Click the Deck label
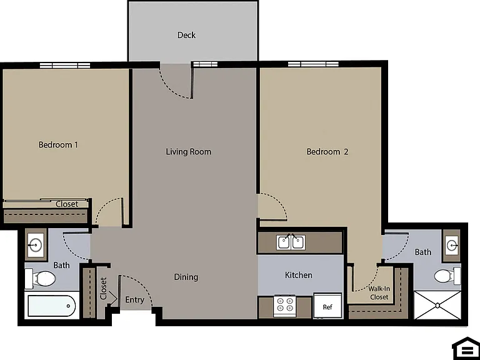click(186, 35)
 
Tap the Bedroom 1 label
click(58, 144)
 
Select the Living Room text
click(189, 152)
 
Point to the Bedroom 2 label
click(327, 152)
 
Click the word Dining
click(186, 277)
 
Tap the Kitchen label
click(299, 275)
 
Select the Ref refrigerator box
click(327, 306)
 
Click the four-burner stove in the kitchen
click(285, 306)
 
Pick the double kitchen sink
click(291, 242)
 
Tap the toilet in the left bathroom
click(41, 279)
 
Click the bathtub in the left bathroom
click(51, 306)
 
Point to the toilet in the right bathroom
click(447, 276)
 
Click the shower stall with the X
click(437, 305)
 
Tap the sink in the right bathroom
click(452, 245)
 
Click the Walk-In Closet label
click(379, 293)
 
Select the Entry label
click(135, 300)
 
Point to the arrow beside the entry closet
click(112, 297)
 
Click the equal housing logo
click(466, 348)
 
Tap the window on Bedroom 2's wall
click(313, 64)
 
